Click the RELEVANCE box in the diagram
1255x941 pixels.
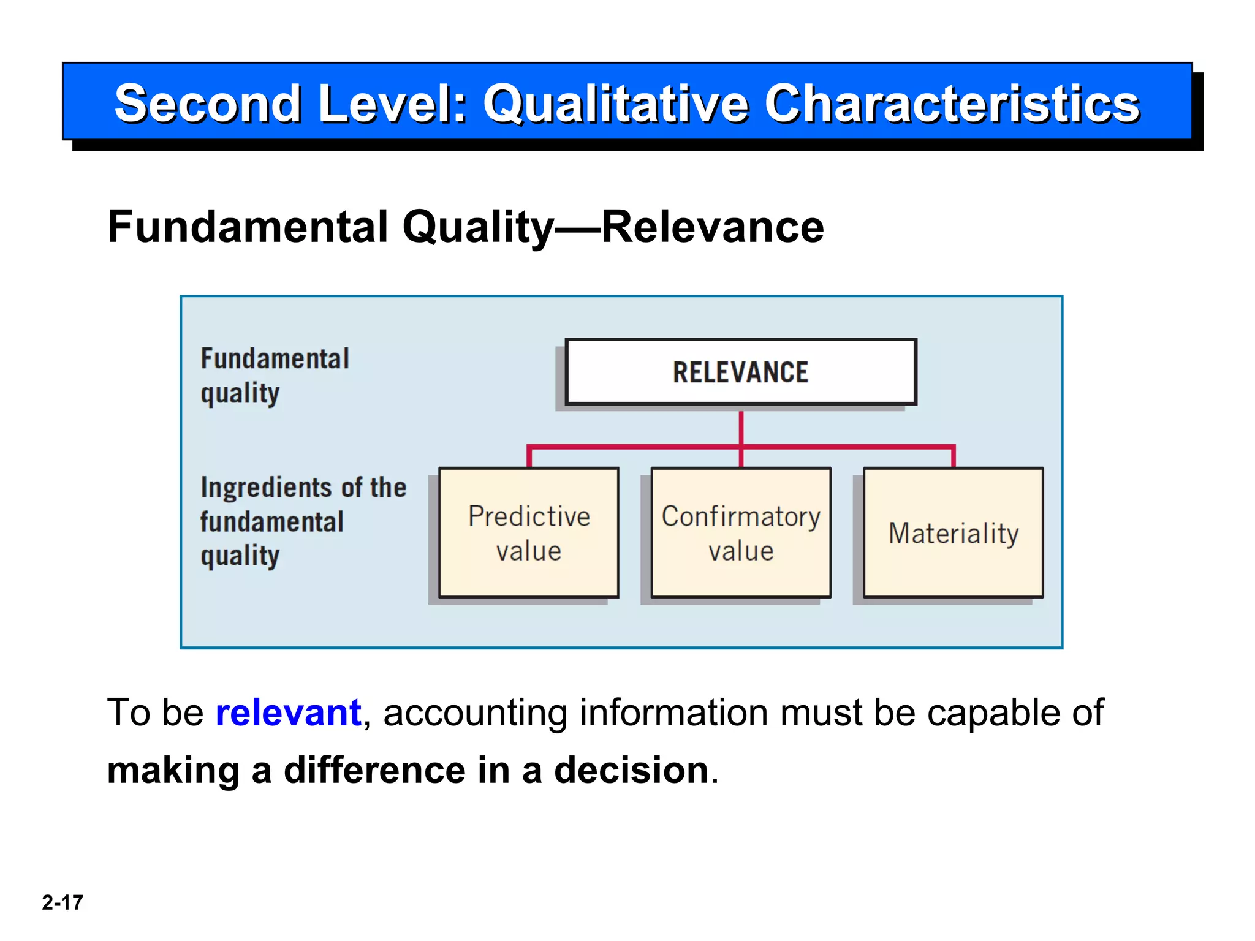tap(740, 372)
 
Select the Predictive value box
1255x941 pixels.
tap(529, 532)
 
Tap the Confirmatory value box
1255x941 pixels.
tap(741, 532)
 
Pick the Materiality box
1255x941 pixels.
tap(953, 532)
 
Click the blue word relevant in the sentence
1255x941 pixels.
tap(288, 713)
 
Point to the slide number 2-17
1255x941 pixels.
tap(62, 902)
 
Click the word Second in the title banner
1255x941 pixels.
tap(208, 104)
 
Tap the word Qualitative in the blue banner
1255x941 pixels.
tap(616, 104)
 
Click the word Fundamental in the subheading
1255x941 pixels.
tap(248, 227)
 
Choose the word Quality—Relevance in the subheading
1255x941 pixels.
tap(613, 227)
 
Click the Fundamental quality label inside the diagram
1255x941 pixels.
tap(274, 375)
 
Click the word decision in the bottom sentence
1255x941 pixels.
tap(631, 770)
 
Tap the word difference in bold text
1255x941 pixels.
tap(374, 770)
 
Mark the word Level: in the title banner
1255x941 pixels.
tap(393, 104)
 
